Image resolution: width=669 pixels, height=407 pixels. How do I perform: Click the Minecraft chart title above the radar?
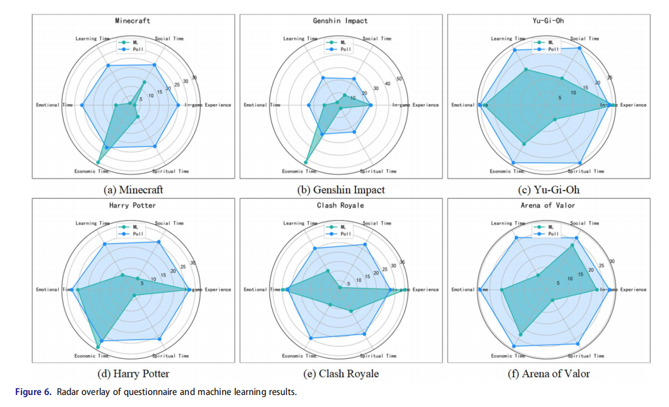tap(133, 20)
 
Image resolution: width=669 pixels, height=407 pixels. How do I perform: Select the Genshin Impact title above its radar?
tap(340, 20)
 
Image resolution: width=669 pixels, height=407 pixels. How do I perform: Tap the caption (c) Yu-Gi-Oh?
tap(548, 189)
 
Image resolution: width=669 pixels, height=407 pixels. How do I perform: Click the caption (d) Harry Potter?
tap(133, 374)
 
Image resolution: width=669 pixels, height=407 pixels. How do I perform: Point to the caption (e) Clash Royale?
tap(340, 374)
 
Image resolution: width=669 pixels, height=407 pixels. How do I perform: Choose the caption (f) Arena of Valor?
tap(548, 374)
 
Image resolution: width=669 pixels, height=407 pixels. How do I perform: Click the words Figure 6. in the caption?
tap(33, 392)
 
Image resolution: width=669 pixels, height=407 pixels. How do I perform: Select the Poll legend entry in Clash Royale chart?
tap(343, 233)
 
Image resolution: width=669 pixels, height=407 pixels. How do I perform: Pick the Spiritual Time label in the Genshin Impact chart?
tap(378, 172)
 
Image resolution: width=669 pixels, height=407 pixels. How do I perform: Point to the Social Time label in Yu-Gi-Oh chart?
tap(584, 38)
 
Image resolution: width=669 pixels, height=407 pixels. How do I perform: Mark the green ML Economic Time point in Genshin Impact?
tap(307, 162)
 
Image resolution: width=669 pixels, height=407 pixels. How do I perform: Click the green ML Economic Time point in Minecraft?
tap(98, 163)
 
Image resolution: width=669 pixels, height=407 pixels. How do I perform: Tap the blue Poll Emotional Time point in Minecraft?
tap(83, 105)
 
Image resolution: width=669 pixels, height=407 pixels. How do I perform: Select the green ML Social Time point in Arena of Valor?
tap(573, 245)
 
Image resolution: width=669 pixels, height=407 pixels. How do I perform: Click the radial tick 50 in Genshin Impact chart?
tap(399, 79)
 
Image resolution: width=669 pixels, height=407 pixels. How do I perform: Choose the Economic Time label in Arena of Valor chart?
tap(508, 356)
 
